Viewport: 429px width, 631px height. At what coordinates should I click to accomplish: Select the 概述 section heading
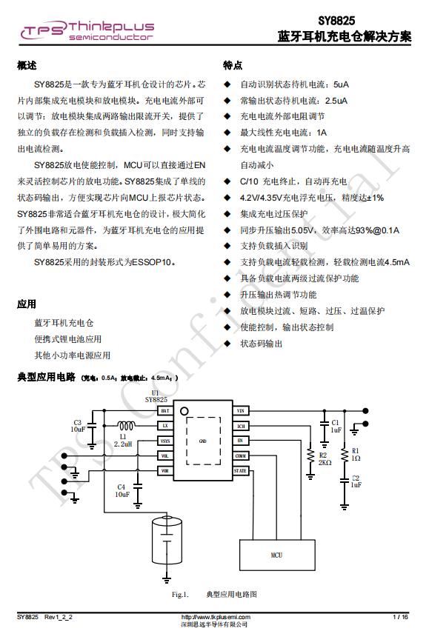coord(27,66)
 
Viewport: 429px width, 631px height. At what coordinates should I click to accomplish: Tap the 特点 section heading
coord(233,66)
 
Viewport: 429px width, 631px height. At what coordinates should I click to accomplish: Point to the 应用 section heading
coord(27,304)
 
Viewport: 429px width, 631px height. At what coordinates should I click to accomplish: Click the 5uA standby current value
coord(341,84)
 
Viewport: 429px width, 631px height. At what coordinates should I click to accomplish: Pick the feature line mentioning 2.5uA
coord(293,101)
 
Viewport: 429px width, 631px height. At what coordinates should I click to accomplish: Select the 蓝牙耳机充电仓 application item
coord(64,324)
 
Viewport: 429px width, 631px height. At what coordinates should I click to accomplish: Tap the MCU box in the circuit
coord(276,555)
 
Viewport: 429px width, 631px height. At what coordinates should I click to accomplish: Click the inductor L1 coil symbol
coord(125,426)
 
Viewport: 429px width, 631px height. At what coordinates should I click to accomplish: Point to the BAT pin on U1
coord(164,410)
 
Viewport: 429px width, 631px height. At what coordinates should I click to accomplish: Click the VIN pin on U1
coord(240,410)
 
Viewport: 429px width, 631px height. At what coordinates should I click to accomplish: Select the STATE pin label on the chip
coord(240,471)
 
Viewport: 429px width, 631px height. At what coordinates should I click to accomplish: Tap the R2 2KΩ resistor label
coord(325,458)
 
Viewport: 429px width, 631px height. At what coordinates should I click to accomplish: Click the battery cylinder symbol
coord(167,541)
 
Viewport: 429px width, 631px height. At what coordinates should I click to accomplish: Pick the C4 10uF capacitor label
coord(122,490)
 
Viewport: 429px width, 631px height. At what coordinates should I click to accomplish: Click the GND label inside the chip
coord(202,441)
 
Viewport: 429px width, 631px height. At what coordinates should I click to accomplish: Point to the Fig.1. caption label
coord(180,594)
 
